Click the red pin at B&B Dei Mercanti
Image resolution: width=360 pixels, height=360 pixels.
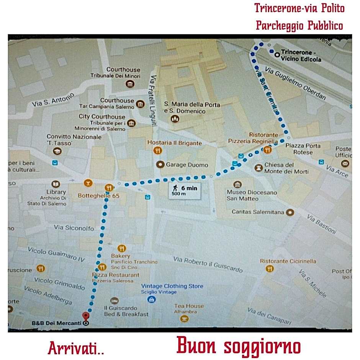86,316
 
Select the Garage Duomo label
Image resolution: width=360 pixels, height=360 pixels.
187,165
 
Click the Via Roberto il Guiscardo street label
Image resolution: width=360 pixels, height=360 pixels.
208,264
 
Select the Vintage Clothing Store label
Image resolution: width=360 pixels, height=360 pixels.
172,286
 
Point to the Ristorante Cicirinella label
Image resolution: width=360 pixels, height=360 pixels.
288,261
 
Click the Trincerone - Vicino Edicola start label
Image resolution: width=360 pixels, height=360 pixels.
300,56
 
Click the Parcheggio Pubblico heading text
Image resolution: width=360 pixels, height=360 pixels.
299,25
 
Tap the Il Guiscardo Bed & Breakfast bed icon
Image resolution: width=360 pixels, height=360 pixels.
114,301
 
